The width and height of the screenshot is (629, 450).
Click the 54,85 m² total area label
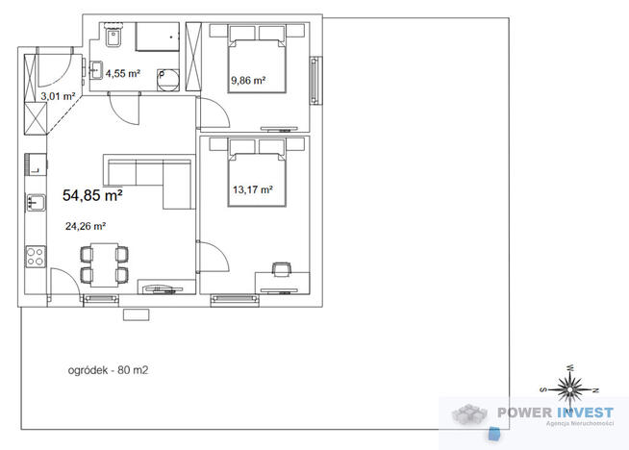coord(92,195)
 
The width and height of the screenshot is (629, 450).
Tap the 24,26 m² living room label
coord(86,226)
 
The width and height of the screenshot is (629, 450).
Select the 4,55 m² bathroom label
coord(123,73)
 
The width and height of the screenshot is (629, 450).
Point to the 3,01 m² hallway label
coord(58,96)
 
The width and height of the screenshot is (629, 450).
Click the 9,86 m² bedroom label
coord(248,80)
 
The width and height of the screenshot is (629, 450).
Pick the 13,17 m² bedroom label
coord(253,189)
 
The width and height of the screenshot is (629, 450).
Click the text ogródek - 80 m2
coord(108,370)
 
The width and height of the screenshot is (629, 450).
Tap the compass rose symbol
coord(568,388)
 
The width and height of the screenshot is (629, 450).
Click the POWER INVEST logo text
coord(555,412)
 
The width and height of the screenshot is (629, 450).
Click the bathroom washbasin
coord(96,70)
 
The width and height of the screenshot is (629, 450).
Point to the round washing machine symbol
coord(167,80)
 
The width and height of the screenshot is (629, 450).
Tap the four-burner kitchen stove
coord(36,257)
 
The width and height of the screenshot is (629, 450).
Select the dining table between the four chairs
coord(104,264)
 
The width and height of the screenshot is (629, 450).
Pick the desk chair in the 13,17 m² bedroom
coord(281,269)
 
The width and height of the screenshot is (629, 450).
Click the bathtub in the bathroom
coord(158,37)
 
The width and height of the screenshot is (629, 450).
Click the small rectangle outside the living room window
coord(137,314)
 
